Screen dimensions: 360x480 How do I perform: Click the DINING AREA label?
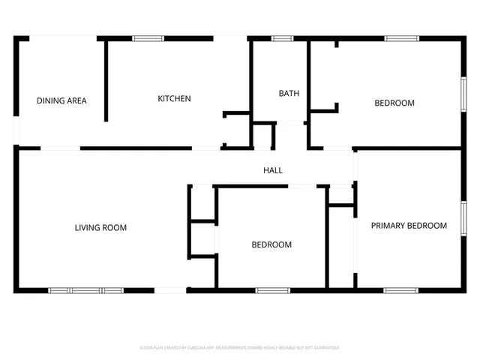pyautogui.click(x=61, y=100)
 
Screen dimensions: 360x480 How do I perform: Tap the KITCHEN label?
pyautogui.click(x=174, y=98)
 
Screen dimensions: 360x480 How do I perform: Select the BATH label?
pyautogui.click(x=289, y=94)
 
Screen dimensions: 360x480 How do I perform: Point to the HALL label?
pyautogui.click(x=273, y=170)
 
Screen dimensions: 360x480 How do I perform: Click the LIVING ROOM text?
pyautogui.click(x=100, y=227)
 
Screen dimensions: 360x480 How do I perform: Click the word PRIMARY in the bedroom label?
pyautogui.click(x=388, y=225)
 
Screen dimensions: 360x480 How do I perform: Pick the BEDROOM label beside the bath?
pyautogui.click(x=394, y=103)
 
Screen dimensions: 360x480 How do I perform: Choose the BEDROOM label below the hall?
pyautogui.click(x=271, y=244)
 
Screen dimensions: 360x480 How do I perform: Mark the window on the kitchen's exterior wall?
pyautogui.click(x=148, y=37)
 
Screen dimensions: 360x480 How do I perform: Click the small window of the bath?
pyautogui.click(x=283, y=37)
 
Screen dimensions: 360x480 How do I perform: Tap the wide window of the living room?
pyautogui.click(x=86, y=290)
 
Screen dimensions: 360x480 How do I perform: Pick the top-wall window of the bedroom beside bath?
pyautogui.click(x=402, y=37)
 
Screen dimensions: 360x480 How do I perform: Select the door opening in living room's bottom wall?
pyautogui.click(x=170, y=290)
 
